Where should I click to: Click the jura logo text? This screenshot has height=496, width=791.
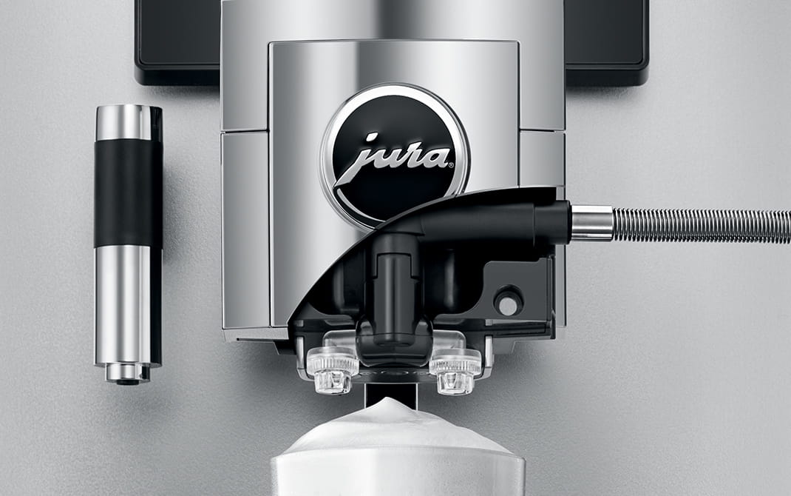[x=391, y=158]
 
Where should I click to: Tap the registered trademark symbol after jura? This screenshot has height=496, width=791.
[x=451, y=164]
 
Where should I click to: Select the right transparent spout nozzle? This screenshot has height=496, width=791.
[x=455, y=370]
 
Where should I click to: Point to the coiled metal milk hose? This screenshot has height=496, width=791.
[x=702, y=225]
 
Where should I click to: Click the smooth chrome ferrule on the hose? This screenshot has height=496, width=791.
[x=591, y=223]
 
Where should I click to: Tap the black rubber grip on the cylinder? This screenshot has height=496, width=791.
[x=128, y=193]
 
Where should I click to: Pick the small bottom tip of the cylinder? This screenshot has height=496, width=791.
[x=128, y=374]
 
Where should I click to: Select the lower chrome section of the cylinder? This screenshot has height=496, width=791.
[x=127, y=305]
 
